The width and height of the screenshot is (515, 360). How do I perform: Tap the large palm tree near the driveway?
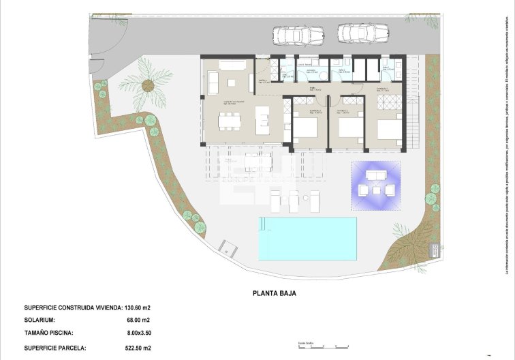click(147, 85)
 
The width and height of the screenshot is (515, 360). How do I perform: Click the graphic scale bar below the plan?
click(324, 347)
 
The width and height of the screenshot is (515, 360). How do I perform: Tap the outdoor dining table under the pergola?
click(257, 162)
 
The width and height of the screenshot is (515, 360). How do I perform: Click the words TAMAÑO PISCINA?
click(51, 333)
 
